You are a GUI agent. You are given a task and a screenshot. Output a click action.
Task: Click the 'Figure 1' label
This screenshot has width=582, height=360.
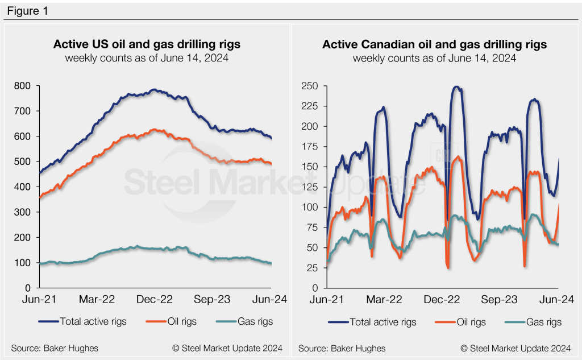tap(27, 11)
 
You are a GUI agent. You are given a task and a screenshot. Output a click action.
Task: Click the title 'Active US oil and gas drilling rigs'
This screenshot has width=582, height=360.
tap(147, 44)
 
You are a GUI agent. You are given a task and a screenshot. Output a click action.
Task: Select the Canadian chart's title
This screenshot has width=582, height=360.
tap(435, 44)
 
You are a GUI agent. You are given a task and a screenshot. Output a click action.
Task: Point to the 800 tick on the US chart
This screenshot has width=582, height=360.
tap(24, 86)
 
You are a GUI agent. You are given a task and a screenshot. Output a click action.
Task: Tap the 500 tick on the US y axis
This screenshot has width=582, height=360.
tap(24, 162)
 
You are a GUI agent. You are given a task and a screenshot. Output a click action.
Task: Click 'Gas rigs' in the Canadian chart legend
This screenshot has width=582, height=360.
tap(544, 322)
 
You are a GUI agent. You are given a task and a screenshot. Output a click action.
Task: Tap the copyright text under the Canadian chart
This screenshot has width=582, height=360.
tap(516, 347)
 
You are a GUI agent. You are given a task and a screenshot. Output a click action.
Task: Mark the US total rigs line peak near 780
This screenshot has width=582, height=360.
tap(153, 90)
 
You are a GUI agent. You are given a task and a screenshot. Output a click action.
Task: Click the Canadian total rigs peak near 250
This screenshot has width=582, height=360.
tap(456, 87)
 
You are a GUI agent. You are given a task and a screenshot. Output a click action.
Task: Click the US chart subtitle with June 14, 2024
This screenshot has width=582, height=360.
tap(147, 58)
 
